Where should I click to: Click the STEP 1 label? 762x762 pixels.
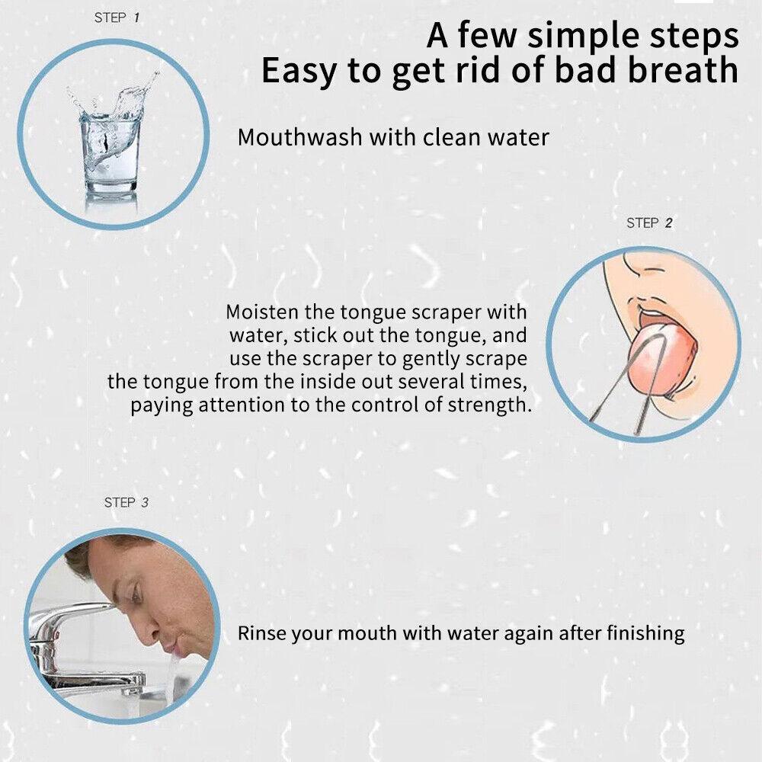click(x=117, y=18)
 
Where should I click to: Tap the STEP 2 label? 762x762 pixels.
click(x=649, y=223)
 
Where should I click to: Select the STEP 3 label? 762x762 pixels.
click(x=126, y=502)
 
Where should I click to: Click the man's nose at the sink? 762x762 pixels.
click(x=151, y=627)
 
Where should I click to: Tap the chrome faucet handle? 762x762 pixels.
click(x=73, y=613)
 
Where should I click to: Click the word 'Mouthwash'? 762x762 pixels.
click(x=299, y=137)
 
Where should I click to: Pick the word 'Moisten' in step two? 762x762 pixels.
click(x=262, y=312)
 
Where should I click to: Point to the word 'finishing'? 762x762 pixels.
click(x=646, y=634)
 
